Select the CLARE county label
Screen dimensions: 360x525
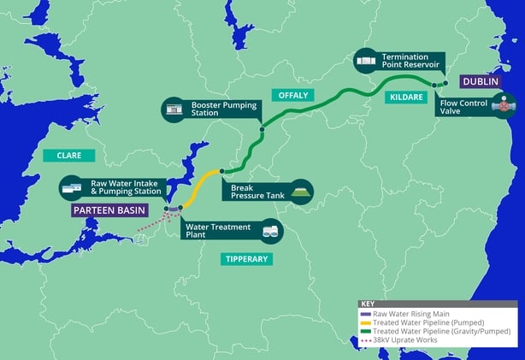point(68,155)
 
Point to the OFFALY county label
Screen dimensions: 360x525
point(288,94)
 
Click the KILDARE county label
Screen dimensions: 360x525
point(406,97)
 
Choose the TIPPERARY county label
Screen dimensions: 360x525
point(246,258)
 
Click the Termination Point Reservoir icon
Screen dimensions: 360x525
point(366,61)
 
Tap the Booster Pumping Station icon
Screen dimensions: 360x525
point(174,109)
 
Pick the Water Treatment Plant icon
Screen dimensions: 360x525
point(271,230)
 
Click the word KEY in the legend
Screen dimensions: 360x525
point(369,304)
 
